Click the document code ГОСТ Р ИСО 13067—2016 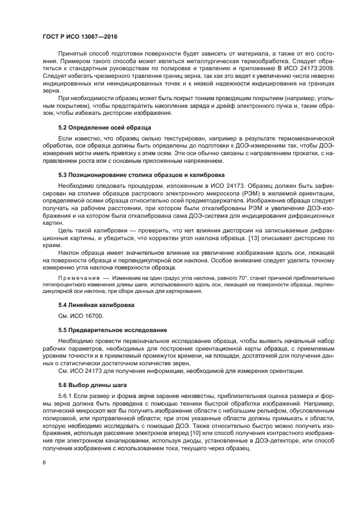coord(80,36)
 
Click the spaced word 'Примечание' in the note coord(77,278)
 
